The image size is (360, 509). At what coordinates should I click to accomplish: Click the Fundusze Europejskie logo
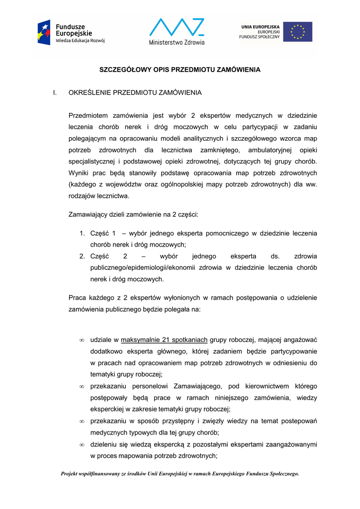click(x=71, y=32)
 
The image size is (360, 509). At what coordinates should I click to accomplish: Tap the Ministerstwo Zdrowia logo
click(x=177, y=32)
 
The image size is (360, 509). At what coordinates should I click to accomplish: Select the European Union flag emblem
click(x=298, y=32)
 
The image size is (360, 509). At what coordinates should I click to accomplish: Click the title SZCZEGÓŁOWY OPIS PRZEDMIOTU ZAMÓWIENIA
click(x=180, y=70)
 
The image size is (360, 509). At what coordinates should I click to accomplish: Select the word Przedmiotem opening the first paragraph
click(x=87, y=115)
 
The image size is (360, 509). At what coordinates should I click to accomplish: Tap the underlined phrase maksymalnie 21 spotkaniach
click(x=164, y=340)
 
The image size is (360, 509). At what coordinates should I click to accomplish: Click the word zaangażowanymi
click(x=290, y=444)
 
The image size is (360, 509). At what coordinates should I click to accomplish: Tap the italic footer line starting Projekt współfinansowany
click(x=180, y=474)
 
